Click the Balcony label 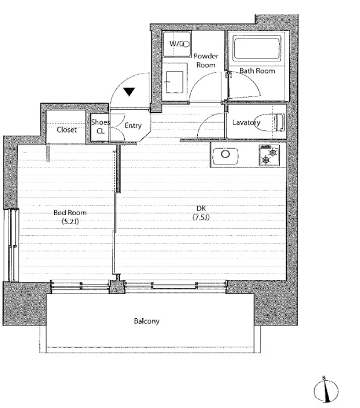point(147,321)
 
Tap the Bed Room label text point(70,213)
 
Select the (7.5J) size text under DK point(201,217)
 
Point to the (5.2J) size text point(70,221)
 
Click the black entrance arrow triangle point(129,92)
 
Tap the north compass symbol point(326,391)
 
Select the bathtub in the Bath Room point(257,49)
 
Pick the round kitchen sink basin point(226,154)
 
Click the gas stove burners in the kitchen point(269,155)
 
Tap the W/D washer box point(177,43)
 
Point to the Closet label point(67,130)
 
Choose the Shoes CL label point(100,127)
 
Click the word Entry point(133,125)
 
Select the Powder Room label point(206,60)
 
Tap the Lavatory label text point(246,122)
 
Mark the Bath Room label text point(257,71)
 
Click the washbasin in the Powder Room point(175,82)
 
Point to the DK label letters point(201,208)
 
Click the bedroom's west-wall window point(11,245)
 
